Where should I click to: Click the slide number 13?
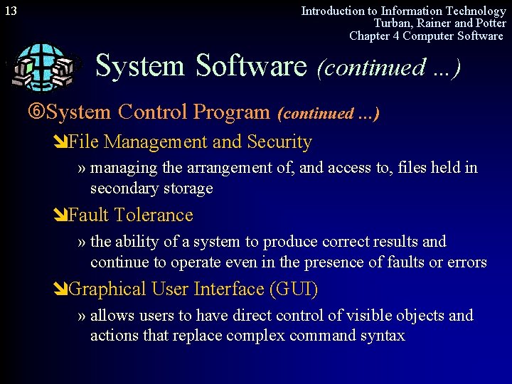[x=10, y=11]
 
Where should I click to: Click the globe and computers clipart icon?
[x=41, y=67]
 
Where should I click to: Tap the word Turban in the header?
[x=392, y=23]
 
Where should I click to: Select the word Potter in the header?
[x=489, y=23]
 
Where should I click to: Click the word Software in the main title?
[x=250, y=66]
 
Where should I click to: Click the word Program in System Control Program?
[x=232, y=112]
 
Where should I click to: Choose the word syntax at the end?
[x=383, y=336]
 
